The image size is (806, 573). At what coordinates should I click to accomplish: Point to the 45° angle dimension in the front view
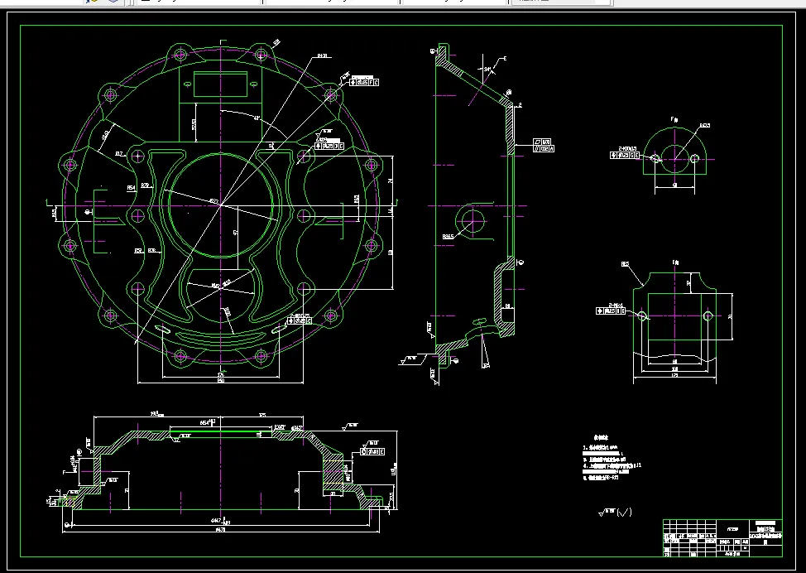click(x=257, y=118)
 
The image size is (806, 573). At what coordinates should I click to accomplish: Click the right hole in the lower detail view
click(x=707, y=315)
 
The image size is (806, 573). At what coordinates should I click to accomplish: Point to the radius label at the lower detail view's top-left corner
click(x=626, y=264)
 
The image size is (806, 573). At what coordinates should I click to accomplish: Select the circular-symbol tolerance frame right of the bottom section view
click(x=374, y=452)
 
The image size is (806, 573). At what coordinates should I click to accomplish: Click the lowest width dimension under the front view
click(x=220, y=383)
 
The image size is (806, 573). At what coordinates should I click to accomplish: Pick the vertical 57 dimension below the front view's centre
click(x=236, y=234)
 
